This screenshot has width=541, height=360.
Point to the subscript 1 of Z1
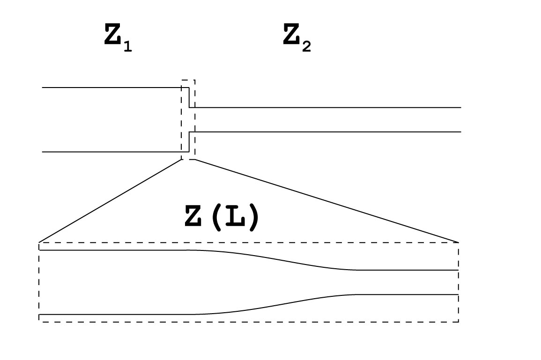(128, 47)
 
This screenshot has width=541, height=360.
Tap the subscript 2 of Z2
(306, 47)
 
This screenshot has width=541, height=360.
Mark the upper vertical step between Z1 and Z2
(189, 97)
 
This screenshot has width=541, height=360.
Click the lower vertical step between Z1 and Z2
(189, 142)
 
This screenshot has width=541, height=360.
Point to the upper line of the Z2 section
(328, 107)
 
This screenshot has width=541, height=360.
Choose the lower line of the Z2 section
(328, 132)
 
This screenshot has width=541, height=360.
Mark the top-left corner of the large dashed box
(39, 242)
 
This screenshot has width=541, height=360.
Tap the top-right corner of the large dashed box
(458, 242)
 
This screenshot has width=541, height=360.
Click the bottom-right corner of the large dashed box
(458, 321)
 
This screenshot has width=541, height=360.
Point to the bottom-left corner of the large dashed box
(39, 321)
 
